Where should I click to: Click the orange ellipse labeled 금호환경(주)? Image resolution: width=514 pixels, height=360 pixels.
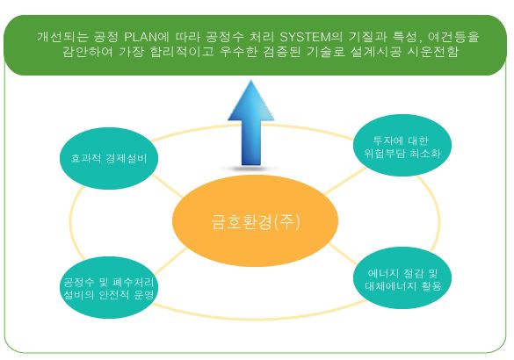(255, 221)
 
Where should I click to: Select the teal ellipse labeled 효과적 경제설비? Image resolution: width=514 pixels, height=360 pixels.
(109, 158)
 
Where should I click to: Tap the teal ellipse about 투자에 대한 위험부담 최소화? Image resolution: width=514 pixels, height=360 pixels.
(402, 145)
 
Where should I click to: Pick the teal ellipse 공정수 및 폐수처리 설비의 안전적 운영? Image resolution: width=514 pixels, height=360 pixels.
(109, 287)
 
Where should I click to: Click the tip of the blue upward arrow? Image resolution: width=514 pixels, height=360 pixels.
(251, 80)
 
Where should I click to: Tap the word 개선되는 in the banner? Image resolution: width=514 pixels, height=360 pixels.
(62, 37)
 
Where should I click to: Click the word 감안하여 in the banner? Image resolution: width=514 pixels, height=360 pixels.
(88, 52)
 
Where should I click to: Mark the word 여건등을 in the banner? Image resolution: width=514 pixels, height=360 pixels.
(453, 37)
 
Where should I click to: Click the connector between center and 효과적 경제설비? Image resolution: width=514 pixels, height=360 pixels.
(167, 186)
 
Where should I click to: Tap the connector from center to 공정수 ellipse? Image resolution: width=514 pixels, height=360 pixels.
(170, 261)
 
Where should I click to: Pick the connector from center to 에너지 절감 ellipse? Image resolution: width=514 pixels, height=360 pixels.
(342, 254)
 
